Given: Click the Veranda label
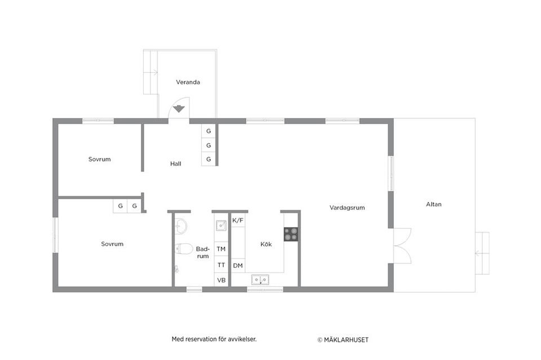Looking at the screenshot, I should (188, 82).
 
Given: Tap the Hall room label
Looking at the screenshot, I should (176, 164).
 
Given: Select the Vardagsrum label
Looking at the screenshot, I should (347, 208).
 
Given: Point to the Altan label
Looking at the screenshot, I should (433, 205).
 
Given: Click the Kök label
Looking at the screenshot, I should (266, 245).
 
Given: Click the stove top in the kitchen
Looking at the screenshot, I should (291, 234).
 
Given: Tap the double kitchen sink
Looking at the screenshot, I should (260, 279).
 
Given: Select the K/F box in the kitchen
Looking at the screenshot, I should (238, 220).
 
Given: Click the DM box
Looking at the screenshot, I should (238, 265).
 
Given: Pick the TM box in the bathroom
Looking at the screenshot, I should (221, 249).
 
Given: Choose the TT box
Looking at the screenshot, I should (221, 265).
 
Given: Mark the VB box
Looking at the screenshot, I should (221, 280).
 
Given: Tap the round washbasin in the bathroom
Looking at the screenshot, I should (181, 226).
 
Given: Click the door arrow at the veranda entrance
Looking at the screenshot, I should (179, 108).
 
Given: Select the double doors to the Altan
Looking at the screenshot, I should (402, 245).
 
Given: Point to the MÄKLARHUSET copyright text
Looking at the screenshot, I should (343, 340).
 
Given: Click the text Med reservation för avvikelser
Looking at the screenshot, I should (214, 339).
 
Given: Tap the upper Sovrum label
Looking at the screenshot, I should (99, 159).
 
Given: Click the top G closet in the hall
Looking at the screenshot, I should (209, 131).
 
